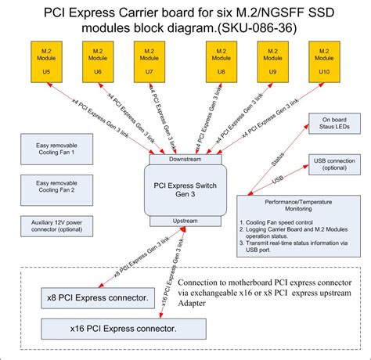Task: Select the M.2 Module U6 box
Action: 97,61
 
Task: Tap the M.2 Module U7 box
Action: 148,61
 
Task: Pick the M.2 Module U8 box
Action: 222,61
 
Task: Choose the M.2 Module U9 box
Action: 273,61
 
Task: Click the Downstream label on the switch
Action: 185,159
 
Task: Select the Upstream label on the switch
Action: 185,221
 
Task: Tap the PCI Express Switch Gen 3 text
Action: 185,189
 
